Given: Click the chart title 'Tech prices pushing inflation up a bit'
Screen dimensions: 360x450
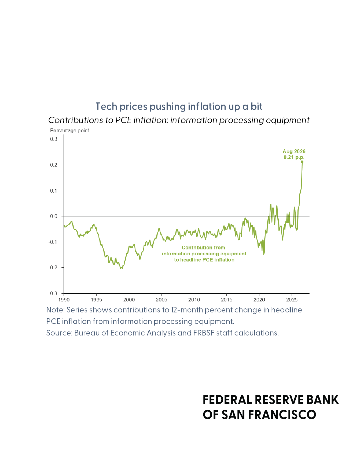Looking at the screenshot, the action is (179, 106).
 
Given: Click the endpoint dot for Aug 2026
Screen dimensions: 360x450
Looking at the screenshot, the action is (302, 162).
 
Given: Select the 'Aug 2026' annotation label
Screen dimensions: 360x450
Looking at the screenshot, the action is (294, 152).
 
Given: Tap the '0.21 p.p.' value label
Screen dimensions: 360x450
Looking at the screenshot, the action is (294, 157).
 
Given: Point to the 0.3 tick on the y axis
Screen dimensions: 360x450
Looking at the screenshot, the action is (54, 139).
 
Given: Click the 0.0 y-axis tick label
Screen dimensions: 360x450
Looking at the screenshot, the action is (54, 216).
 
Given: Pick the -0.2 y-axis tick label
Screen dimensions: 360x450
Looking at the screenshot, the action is (53, 268).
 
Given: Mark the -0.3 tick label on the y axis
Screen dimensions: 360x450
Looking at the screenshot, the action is (53, 293).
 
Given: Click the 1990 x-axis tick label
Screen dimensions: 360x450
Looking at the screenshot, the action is (64, 300).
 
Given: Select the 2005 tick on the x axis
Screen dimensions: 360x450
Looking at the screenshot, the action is (161, 300).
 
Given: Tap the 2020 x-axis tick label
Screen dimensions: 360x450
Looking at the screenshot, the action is (259, 300).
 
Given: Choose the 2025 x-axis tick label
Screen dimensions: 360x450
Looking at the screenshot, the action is (292, 300).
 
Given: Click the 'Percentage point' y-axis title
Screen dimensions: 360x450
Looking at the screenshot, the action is (69, 131).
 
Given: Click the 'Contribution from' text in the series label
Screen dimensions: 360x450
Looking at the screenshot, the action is (203, 248).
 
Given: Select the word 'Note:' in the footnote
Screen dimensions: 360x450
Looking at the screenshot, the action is (56, 310).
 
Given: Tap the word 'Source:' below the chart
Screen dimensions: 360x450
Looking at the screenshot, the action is (59, 333).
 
